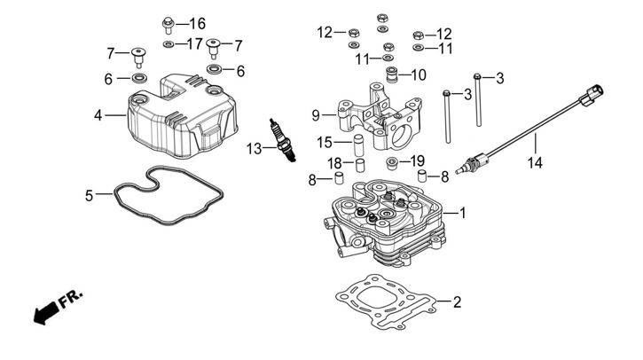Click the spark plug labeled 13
(282, 140)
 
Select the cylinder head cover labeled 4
(183, 116)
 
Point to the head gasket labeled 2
(386, 301)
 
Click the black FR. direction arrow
(45, 313)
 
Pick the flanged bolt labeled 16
(169, 26)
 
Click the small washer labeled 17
(169, 43)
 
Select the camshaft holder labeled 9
(380, 117)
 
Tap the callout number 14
(535, 163)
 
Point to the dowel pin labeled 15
(359, 142)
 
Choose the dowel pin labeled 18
(360, 164)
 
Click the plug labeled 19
(392, 163)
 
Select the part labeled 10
(392, 74)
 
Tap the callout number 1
(463, 213)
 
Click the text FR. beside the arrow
(71, 299)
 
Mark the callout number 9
(316, 115)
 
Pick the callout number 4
(98, 115)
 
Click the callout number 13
(254, 148)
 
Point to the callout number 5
(89, 196)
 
